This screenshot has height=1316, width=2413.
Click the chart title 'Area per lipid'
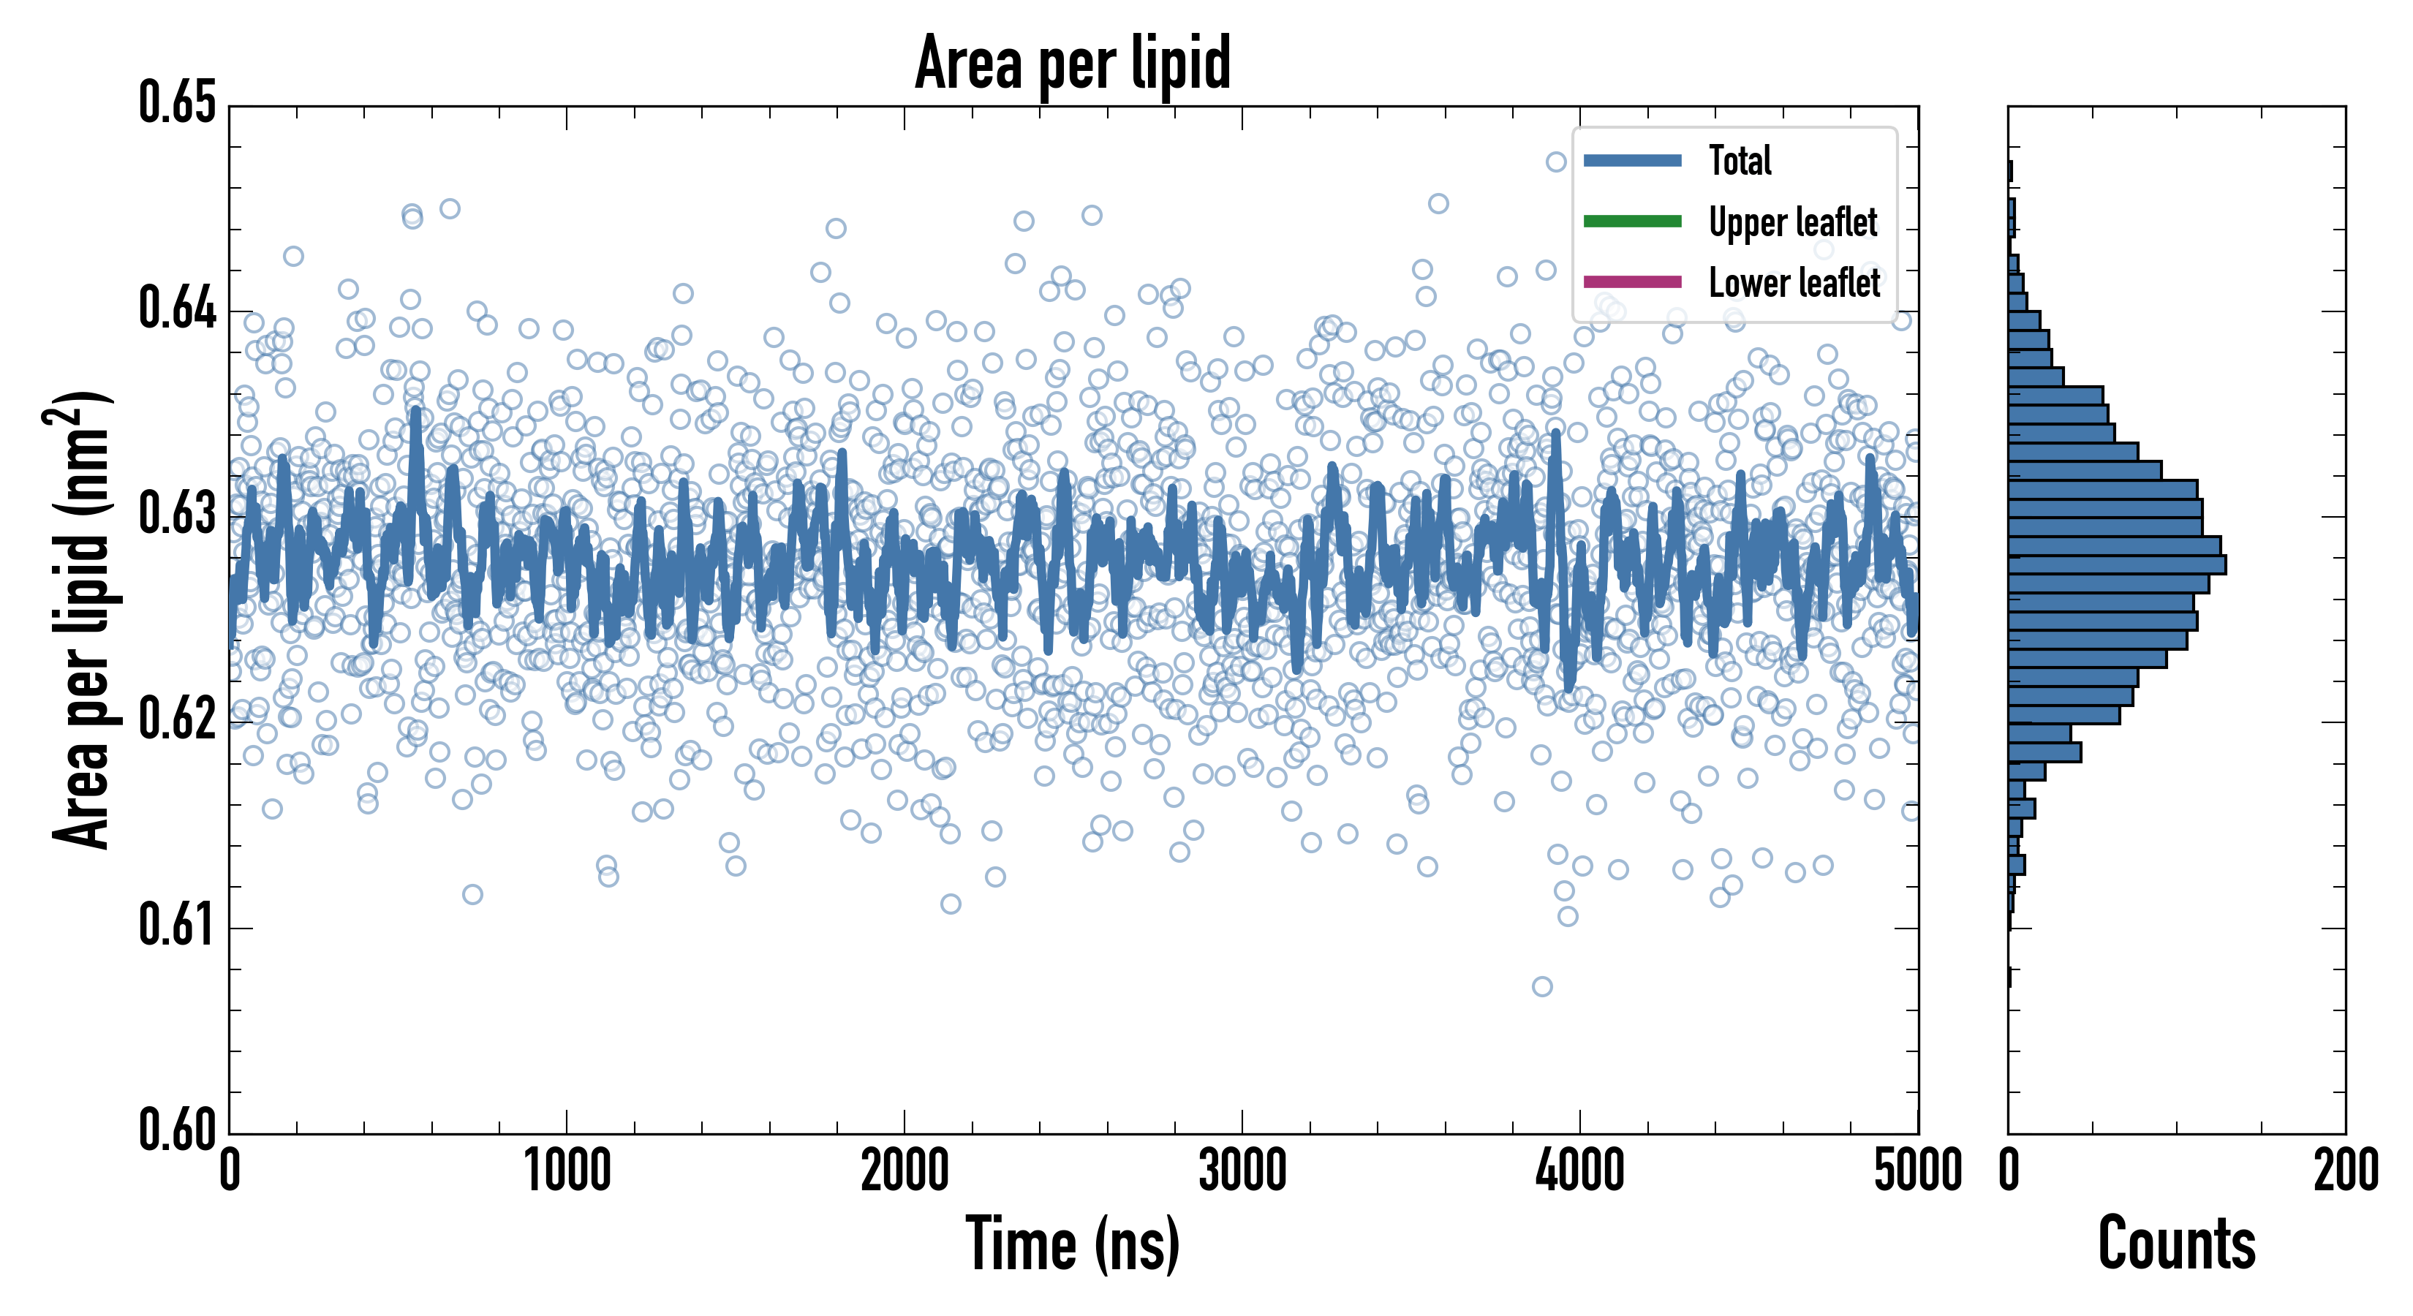1073,63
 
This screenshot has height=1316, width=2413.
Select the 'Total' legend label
1740,160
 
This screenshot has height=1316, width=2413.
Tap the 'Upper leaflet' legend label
1793,222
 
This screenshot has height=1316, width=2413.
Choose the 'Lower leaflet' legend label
1794,282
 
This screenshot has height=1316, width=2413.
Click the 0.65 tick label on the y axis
177,103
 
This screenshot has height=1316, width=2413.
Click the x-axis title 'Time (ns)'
1073,1245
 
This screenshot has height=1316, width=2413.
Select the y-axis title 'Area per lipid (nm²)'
80,619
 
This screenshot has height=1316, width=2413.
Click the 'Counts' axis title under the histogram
2176,1245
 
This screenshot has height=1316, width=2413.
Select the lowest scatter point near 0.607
1542,986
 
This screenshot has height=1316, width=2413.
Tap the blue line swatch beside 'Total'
1632,160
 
